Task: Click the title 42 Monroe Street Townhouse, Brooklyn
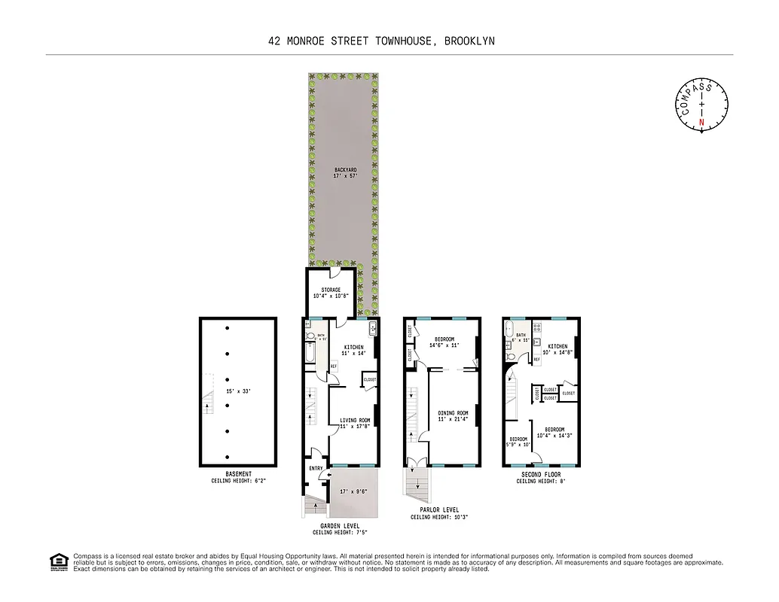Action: pyautogui.click(x=381, y=41)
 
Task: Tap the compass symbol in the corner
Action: pyautogui.click(x=701, y=105)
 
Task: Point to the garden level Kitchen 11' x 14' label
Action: pyautogui.click(x=353, y=350)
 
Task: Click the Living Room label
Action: pyautogui.click(x=354, y=423)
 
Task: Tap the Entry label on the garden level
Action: pyautogui.click(x=316, y=468)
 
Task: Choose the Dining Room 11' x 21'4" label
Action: pyautogui.click(x=453, y=415)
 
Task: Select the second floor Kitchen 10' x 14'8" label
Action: pyautogui.click(x=558, y=349)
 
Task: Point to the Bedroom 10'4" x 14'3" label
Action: pyautogui.click(x=554, y=432)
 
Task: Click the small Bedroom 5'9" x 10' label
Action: pyautogui.click(x=519, y=442)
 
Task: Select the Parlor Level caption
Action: pyautogui.click(x=440, y=513)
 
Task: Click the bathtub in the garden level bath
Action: pyautogui.click(x=311, y=353)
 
